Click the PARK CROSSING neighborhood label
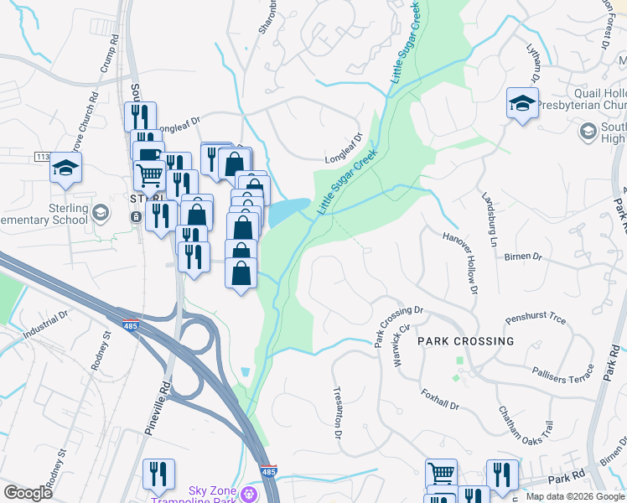465,341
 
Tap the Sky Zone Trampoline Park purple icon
247,494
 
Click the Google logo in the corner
28,493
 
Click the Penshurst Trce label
536,319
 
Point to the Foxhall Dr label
440,401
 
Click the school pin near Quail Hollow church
522,104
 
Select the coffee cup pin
148,154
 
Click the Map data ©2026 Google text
575,496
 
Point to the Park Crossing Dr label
399,328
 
